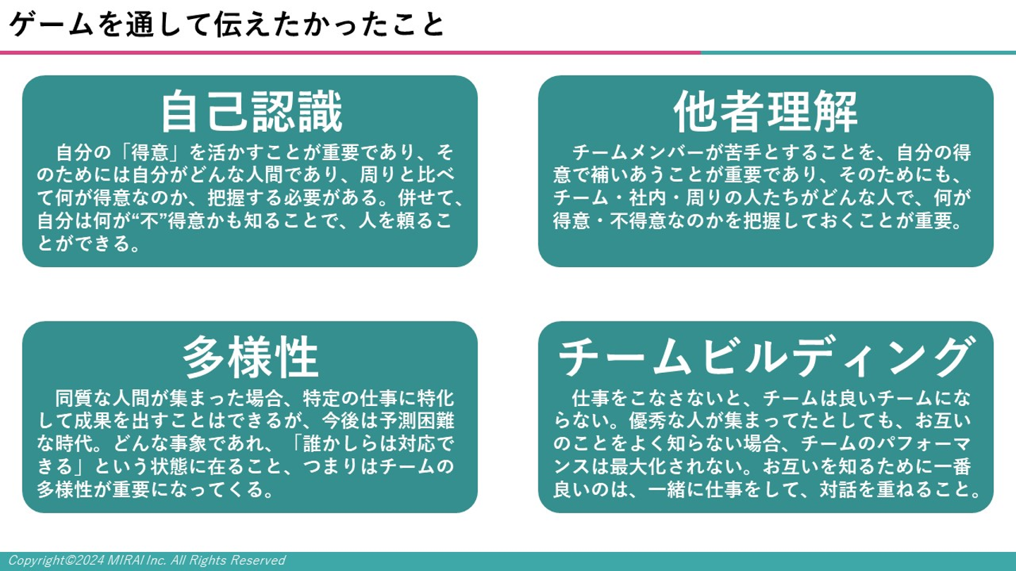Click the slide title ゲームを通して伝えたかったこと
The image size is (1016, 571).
coord(226,25)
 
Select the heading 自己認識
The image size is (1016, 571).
coord(251,111)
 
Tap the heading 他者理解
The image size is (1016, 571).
coord(766,111)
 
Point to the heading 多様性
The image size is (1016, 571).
coord(251,357)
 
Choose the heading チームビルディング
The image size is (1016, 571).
coord(766,357)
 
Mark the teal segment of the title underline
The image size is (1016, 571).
coord(858,53)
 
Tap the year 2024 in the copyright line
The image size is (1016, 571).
coord(90,560)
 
